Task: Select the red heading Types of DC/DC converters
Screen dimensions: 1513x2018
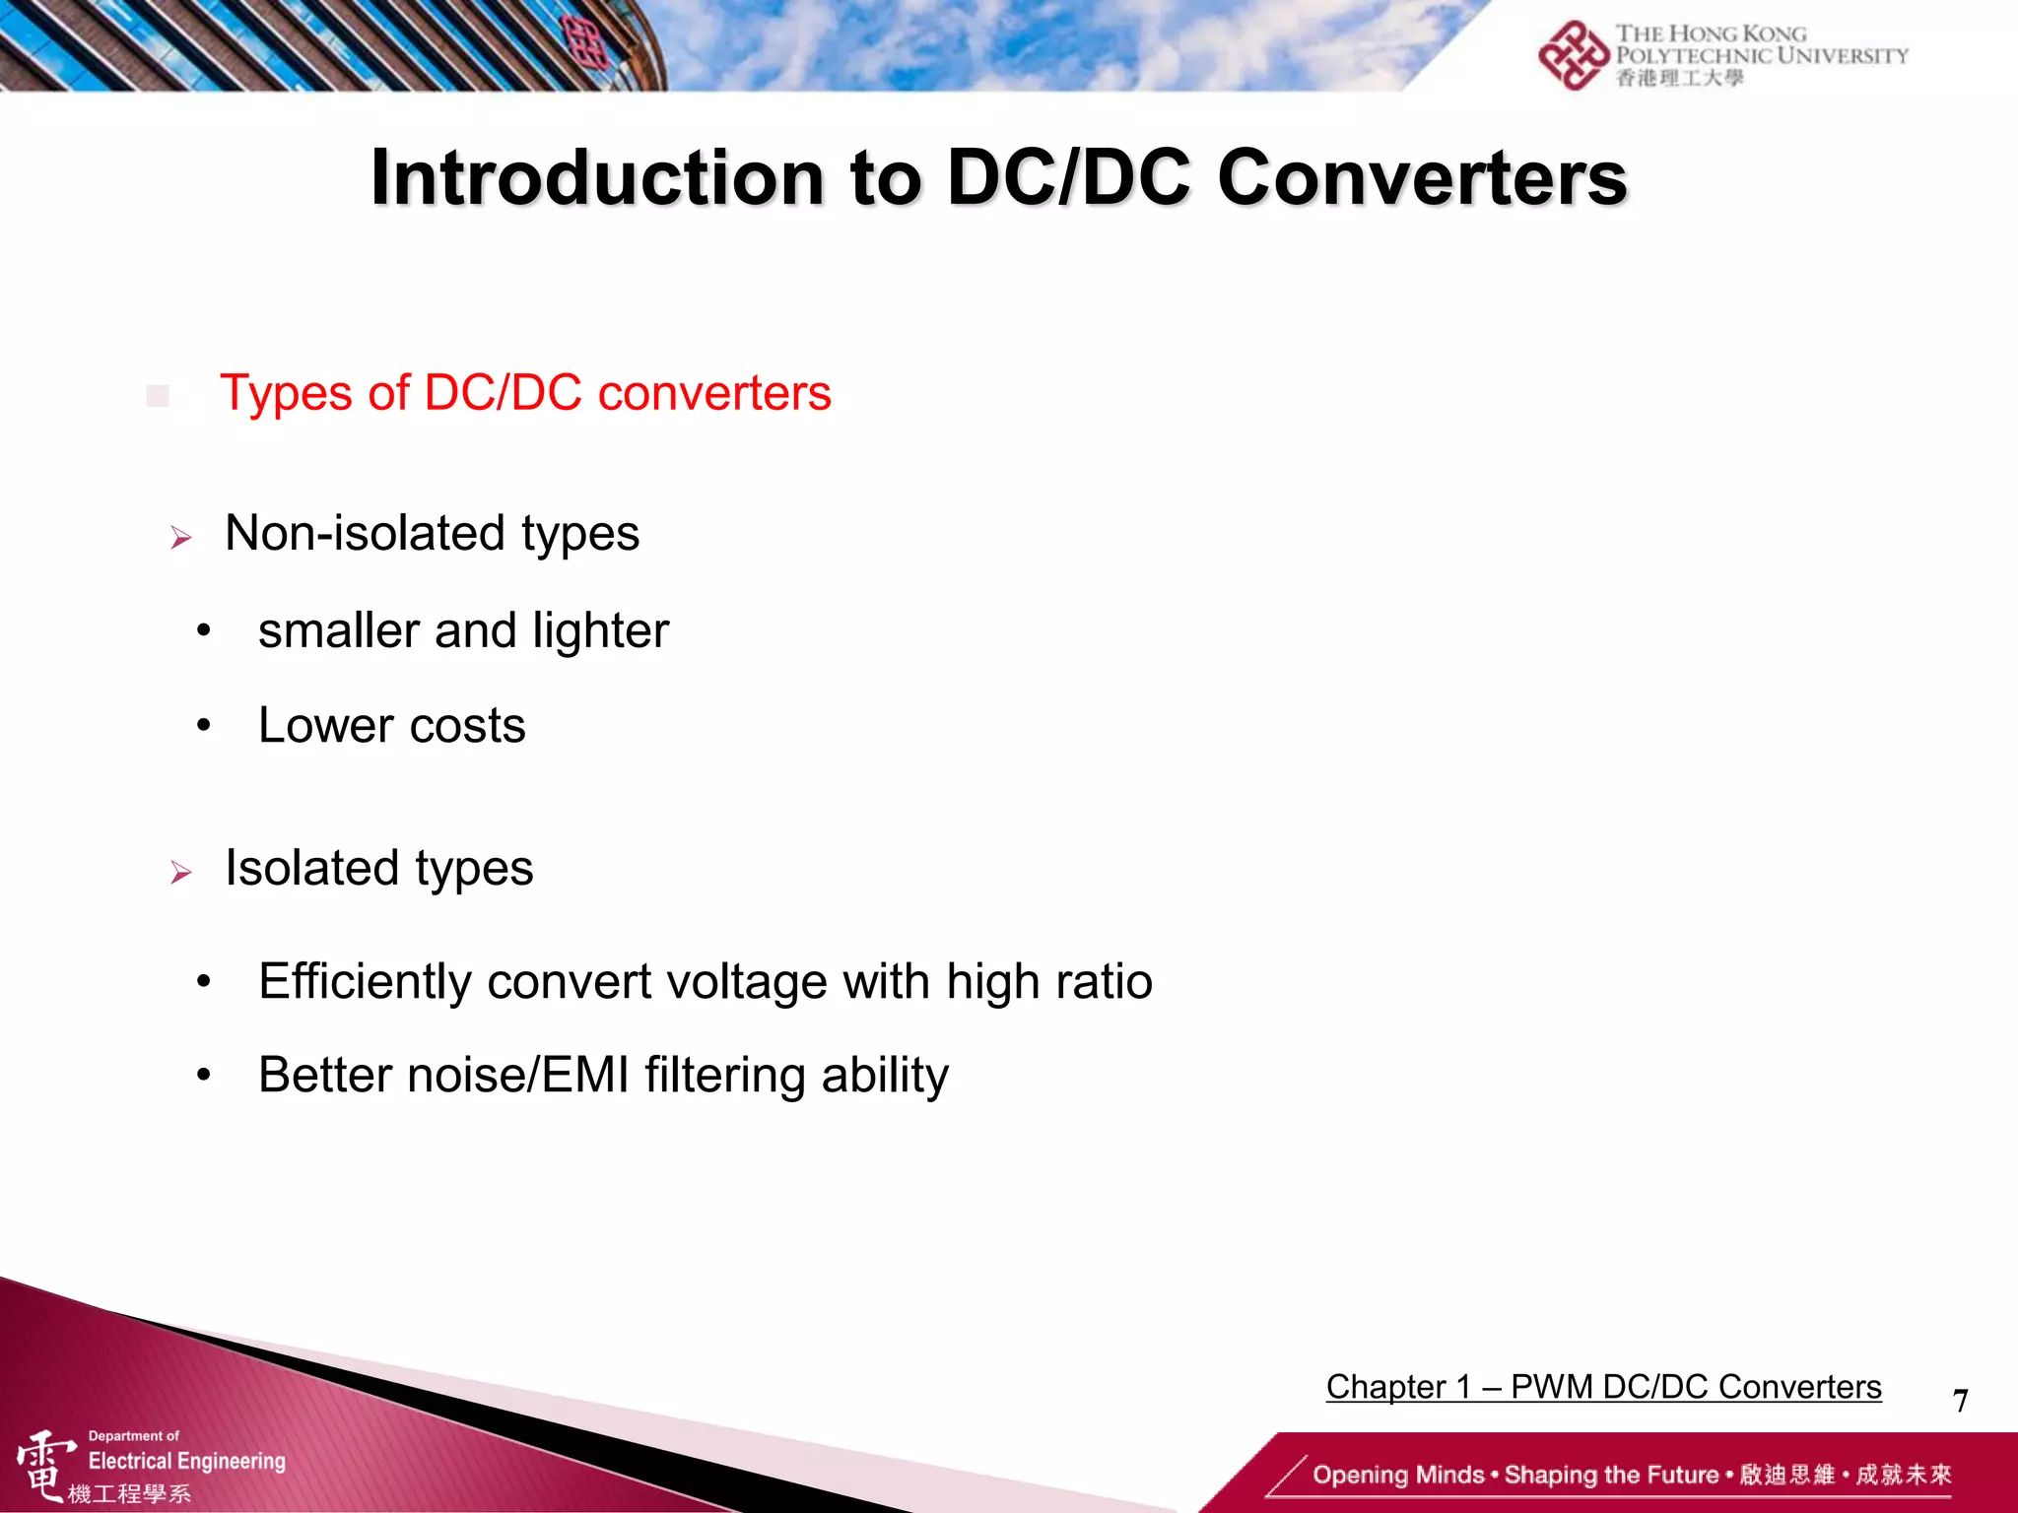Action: click(x=525, y=393)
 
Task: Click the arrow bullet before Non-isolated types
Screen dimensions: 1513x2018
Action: click(x=180, y=538)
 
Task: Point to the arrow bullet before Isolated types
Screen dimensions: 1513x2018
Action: click(x=180, y=873)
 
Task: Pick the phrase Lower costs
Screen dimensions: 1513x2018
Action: click(x=391, y=727)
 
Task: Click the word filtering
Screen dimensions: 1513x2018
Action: click(x=725, y=1075)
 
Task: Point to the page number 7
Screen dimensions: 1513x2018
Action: click(x=1960, y=1401)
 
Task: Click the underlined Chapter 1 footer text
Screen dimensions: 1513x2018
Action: click(x=1603, y=1387)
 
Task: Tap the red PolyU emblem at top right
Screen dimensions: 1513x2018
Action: click(x=1573, y=55)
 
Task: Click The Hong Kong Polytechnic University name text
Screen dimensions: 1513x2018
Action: click(x=1761, y=46)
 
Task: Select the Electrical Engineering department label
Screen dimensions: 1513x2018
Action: click(x=186, y=1461)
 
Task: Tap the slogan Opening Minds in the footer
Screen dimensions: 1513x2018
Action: click(x=1397, y=1476)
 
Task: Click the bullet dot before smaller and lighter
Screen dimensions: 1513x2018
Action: click(x=203, y=631)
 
